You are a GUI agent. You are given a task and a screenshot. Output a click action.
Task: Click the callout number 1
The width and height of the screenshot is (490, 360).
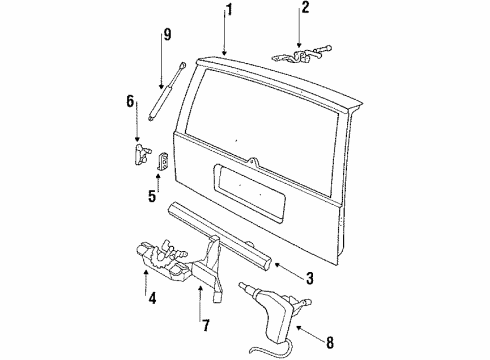(228, 13)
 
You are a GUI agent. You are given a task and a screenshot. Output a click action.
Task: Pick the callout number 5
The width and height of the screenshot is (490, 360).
(153, 196)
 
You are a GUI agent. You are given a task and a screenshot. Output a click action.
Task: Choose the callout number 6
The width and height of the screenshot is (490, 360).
(129, 100)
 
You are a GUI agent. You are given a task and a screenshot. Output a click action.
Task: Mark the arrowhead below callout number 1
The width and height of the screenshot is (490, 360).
(226, 51)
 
